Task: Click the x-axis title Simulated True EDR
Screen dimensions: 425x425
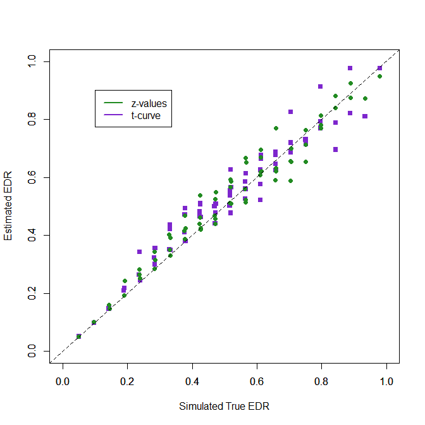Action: (225, 406)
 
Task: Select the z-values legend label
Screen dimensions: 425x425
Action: (149, 103)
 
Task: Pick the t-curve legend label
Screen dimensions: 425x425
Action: (146, 116)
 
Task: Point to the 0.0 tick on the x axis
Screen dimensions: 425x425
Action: (62, 381)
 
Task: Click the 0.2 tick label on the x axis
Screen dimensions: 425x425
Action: (127, 381)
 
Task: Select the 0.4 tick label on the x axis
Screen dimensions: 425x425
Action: (192, 381)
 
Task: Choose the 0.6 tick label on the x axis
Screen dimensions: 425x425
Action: (257, 381)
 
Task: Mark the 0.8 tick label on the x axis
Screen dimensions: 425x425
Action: (321, 381)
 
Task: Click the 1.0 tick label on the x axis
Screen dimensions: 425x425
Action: (386, 381)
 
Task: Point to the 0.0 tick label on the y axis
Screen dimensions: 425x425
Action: (32, 352)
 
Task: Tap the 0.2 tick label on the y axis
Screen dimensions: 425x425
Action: (32, 293)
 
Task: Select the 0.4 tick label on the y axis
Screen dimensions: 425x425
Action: (32, 236)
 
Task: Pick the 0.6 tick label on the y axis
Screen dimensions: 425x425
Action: (32, 177)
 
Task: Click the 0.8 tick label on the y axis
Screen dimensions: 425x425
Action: (32, 120)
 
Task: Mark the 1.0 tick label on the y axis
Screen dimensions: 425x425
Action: (32, 61)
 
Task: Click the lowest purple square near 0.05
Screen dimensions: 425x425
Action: (78, 336)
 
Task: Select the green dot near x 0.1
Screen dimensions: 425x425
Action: (94, 322)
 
